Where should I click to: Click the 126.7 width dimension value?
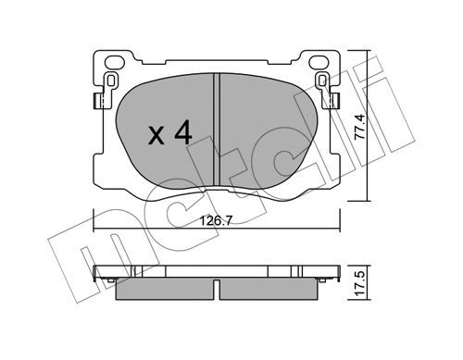(x=216, y=221)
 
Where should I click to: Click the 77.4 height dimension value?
(x=360, y=127)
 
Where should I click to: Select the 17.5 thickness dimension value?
(x=360, y=282)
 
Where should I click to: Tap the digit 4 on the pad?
(x=183, y=131)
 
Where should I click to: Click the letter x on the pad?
(x=156, y=136)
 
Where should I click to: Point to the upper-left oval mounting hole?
(x=115, y=62)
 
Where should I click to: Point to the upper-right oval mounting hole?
(x=319, y=62)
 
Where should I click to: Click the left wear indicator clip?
(x=110, y=81)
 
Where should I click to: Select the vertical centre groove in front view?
(x=217, y=130)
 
